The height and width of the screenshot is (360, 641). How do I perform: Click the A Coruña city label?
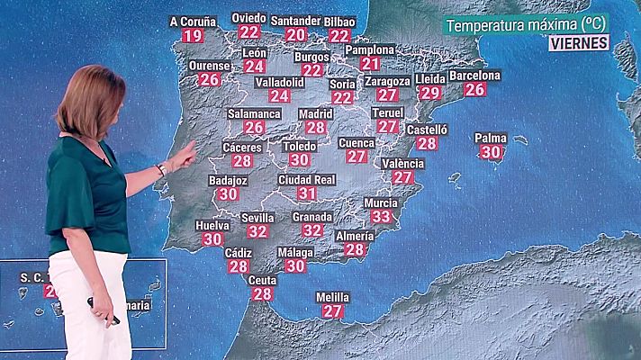(x=193, y=21)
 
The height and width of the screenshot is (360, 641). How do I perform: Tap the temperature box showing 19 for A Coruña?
(x=193, y=36)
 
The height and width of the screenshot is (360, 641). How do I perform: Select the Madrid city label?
(x=315, y=114)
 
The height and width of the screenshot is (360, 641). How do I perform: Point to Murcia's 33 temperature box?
(x=381, y=217)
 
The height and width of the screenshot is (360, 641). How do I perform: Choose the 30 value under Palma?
(x=491, y=153)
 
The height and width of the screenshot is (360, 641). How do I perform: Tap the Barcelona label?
(x=474, y=76)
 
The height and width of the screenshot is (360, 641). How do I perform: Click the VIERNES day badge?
(x=578, y=42)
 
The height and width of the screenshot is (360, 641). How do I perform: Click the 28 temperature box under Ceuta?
(x=262, y=294)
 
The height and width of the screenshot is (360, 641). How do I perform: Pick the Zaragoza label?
(x=387, y=81)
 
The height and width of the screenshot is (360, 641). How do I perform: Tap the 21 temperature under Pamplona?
(x=370, y=64)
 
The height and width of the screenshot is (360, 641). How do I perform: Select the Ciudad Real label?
(x=307, y=180)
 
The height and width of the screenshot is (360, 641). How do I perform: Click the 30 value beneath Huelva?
(x=212, y=239)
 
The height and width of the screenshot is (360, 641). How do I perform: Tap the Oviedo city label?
(x=248, y=18)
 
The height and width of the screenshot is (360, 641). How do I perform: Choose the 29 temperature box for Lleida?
(x=430, y=93)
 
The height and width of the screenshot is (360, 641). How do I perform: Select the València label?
(x=402, y=164)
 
